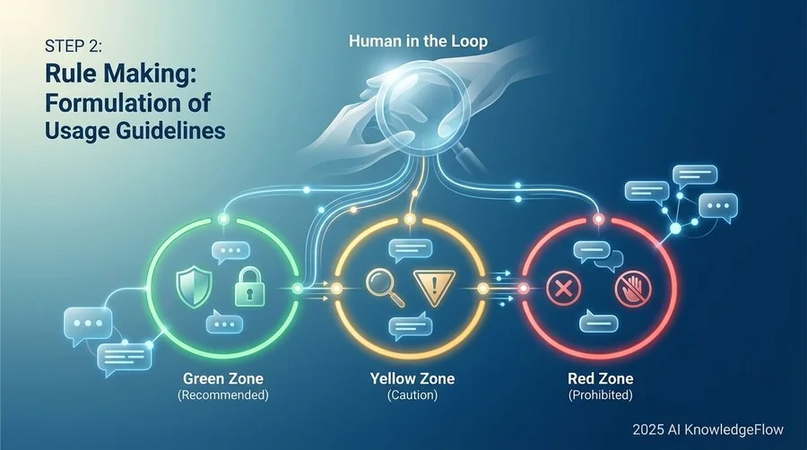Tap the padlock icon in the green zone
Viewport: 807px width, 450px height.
point(249,287)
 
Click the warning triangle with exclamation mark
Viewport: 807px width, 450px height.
point(434,288)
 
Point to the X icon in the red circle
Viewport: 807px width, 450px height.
point(563,289)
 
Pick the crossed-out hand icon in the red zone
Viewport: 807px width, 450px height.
point(633,288)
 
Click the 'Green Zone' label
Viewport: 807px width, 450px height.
point(223,379)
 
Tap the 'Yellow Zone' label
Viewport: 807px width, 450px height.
point(412,379)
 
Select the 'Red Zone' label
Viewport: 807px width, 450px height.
point(601,379)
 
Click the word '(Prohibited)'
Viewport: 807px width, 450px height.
point(601,395)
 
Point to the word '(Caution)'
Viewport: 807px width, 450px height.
point(412,395)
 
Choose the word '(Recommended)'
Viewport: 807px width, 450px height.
point(223,395)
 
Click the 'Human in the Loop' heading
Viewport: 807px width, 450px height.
point(418,41)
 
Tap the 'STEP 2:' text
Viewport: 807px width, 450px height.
point(74,47)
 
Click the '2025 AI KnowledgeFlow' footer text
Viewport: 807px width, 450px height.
point(708,429)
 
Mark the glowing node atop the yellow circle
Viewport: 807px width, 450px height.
point(410,220)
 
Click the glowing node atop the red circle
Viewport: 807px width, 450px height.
point(599,220)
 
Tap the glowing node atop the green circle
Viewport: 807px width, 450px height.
point(223,220)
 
